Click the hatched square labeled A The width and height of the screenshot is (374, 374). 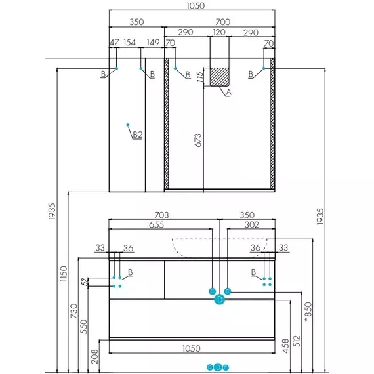(219, 77)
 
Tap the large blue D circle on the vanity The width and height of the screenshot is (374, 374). (219, 300)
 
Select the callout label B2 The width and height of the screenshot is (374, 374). (137, 135)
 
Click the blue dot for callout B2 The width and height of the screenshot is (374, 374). (128, 125)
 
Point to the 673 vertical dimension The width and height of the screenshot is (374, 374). (198, 140)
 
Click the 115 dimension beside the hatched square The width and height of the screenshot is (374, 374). (200, 77)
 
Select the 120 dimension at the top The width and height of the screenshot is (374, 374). (219, 32)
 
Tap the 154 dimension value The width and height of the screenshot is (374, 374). (129, 43)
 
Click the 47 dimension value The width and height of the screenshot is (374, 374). (114, 43)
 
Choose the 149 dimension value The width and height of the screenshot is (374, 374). (153, 43)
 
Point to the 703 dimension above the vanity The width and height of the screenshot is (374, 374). (161, 215)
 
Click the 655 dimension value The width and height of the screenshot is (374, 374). (156, 225)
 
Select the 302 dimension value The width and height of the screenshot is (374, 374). (252, 224)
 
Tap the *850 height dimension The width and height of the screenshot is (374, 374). (308, 312)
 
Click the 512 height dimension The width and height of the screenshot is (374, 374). (297, 341)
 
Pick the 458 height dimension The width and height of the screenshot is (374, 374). (285, 346)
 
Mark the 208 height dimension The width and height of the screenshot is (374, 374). (94, 356)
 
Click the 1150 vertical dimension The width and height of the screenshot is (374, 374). (64, 274)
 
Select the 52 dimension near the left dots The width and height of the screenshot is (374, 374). (85, 282)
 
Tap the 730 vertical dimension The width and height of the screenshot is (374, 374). (74, 311)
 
